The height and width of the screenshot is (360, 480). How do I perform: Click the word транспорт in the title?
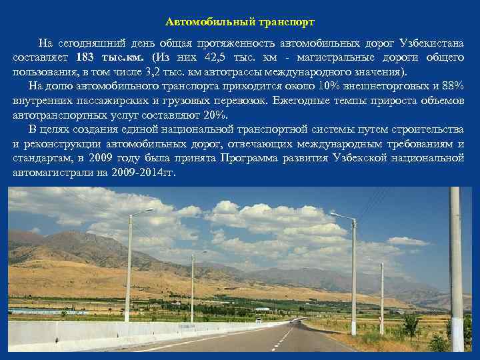coord(279,22)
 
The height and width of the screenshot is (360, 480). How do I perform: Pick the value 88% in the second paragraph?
coord(453,86)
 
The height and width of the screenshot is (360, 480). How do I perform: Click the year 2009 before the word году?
coord(100,158)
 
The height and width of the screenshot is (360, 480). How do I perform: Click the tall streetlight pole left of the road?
coord(128,273)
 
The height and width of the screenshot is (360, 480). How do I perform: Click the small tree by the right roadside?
coord(411,326)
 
